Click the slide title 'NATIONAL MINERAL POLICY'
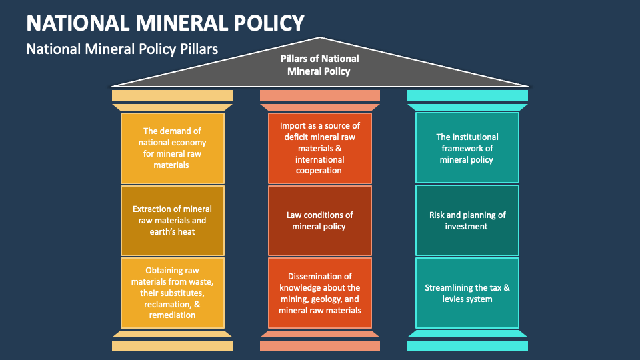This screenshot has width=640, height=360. click(165, 23)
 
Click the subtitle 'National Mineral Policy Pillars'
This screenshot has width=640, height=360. click(122, 49)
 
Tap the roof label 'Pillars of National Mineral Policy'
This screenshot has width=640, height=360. click(319, 65)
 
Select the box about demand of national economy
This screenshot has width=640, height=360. click(172, 147)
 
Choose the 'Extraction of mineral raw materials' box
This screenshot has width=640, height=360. click(172, 220)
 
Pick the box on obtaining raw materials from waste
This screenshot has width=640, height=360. click(172, 293)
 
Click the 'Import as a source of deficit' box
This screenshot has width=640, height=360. click(319, 147)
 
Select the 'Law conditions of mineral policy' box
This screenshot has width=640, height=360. click(319, 220)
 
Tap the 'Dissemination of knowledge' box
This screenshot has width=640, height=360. click(319, 293)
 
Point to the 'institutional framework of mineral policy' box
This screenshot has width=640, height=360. click(467, 147)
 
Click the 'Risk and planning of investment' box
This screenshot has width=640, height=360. click(467, 220)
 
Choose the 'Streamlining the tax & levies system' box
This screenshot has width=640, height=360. click(467, 293)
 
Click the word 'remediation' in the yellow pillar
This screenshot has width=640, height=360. click(172, 315)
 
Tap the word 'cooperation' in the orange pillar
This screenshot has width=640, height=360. click(319, 171)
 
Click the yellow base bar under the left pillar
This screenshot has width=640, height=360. click(172, 346)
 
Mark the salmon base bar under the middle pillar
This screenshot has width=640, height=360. click(319, 346)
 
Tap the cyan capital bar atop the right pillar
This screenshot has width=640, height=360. click(467, 95)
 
